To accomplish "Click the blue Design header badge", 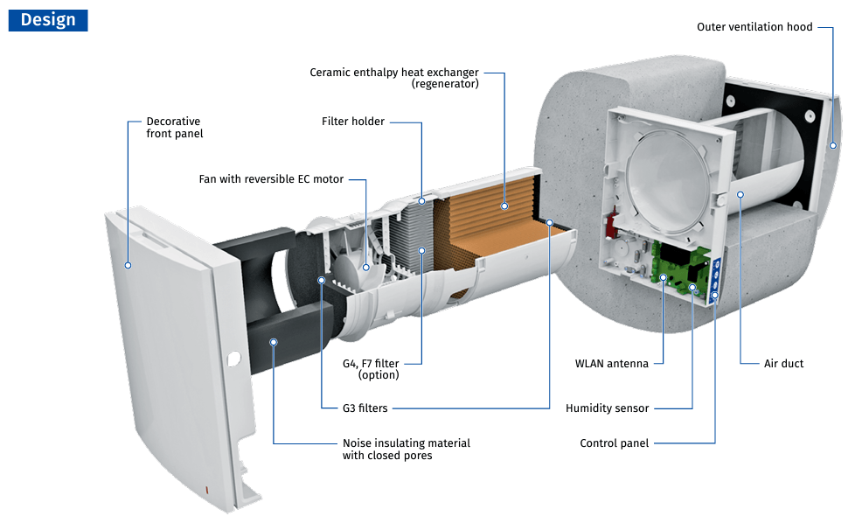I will coord(48,20).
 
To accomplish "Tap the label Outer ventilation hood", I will coord(754,27).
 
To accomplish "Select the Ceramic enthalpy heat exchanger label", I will coord(394,78).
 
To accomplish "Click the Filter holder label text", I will coord(352,122).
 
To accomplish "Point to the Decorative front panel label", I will coord(174,128).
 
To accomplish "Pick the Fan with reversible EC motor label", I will coord(271,179).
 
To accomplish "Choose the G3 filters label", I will coord(365,408).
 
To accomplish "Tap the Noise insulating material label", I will coord(406,450).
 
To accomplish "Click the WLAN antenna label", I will coord(611,364).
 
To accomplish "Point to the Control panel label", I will coord(614,443).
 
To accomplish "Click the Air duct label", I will coord(783,364).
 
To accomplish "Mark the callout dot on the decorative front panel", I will coord(128,264).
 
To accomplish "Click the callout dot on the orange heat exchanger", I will coord(504,206).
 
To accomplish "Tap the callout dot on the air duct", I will coord(740,194).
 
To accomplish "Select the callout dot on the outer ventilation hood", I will coord(832,146).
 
